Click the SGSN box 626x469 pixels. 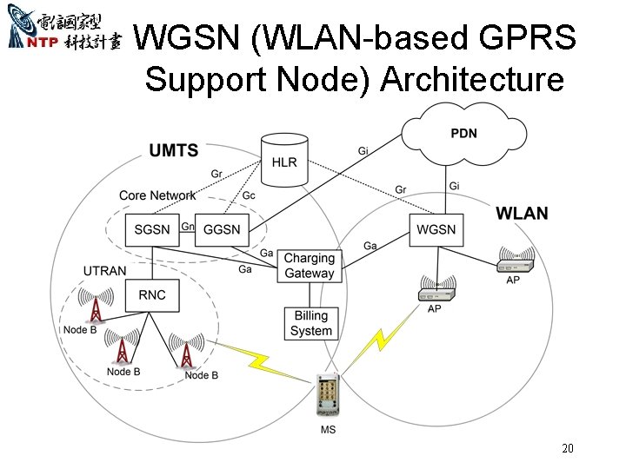(x=152, y=230)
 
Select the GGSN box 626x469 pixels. (x=222, y=230)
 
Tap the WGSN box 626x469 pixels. (x=436, y=230)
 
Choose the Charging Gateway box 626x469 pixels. (x=309, y=266)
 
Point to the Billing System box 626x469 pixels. (x=310, y=323)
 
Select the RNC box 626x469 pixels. (x=152, y=295)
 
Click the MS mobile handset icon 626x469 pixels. (x=328, y=396)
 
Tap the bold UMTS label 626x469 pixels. (x=174, y=151)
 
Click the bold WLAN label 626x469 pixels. (x=522, y=213)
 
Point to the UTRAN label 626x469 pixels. (x=104, y=272)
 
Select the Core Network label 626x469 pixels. (x=157, y=195)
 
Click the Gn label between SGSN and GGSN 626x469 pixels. (x=187, y=227)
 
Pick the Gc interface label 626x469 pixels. (x=249, y=195)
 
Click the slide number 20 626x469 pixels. (x=568, y=449)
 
